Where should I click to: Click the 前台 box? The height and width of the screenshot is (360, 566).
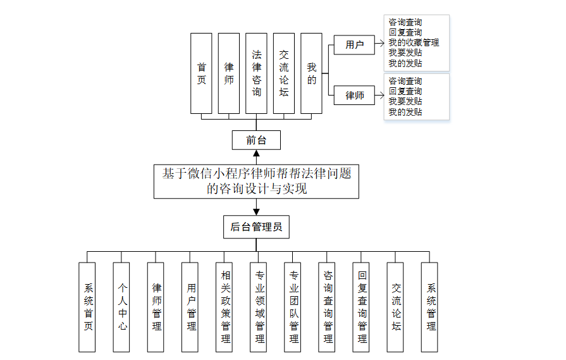click(256, 140)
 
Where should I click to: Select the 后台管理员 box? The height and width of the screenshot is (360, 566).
click(256, 227)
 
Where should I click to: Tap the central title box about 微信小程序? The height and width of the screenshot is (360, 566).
click(256, 182)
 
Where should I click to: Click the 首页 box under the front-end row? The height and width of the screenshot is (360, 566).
click(201, 73)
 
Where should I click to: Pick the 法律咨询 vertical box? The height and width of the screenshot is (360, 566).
click(256, 73)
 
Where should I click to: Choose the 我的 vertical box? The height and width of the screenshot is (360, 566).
click(312, 73)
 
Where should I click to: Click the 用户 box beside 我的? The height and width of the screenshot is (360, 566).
click(354, 45)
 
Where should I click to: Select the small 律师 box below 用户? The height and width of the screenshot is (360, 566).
click(354, 96)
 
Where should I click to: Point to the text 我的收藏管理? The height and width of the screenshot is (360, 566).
click(414, 42)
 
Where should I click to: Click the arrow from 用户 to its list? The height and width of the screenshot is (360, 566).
click(379, 43)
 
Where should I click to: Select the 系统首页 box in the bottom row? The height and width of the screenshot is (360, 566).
click(87, 307)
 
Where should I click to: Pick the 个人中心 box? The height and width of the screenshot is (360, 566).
click(121, 307)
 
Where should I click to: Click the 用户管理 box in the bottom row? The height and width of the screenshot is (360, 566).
click(190, 307)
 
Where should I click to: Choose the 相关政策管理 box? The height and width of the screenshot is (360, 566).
click(224, 307)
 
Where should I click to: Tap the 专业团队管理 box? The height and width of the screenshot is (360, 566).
click(292, 307)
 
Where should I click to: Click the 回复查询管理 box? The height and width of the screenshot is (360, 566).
click(361, 307)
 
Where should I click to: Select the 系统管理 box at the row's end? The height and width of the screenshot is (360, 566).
click(429, 307)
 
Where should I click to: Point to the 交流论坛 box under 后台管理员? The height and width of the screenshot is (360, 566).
click(395, 307)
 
